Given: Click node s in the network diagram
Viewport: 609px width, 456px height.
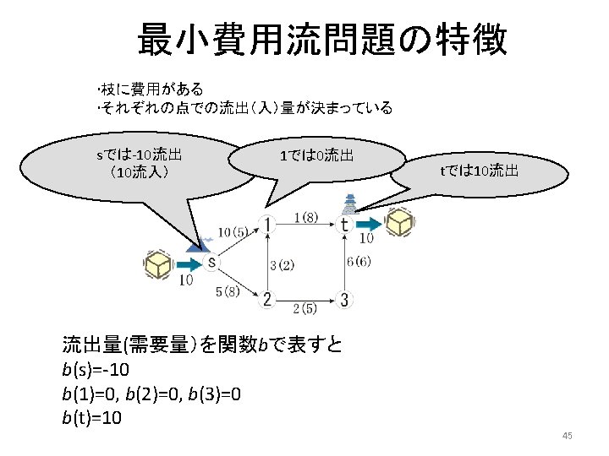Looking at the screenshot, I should point(211,262).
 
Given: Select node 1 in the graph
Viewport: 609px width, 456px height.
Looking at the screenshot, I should point(267,225).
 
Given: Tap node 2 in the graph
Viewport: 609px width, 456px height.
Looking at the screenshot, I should point(267,299).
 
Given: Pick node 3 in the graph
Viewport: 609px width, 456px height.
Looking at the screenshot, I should point(344,299).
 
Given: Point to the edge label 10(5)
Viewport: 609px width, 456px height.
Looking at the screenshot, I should point(233,231).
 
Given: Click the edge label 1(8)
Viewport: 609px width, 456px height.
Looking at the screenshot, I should point(305,217).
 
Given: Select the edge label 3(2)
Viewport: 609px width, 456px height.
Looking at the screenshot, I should point(283,265).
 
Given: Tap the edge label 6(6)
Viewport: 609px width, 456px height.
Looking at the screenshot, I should point(359,262).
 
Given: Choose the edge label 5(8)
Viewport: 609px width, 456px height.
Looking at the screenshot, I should point(228,291).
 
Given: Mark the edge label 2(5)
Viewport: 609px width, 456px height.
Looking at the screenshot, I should point(305,308).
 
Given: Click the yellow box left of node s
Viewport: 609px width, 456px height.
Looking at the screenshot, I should point(158,265).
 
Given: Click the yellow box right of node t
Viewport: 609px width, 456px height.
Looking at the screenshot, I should point(399,223).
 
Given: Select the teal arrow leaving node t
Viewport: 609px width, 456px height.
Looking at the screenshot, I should point(368,225).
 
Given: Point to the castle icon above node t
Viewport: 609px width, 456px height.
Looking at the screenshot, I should point(348,204).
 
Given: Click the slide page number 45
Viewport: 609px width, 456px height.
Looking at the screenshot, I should point(567,436).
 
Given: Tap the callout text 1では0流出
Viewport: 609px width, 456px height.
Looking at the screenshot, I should point(316,155).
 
